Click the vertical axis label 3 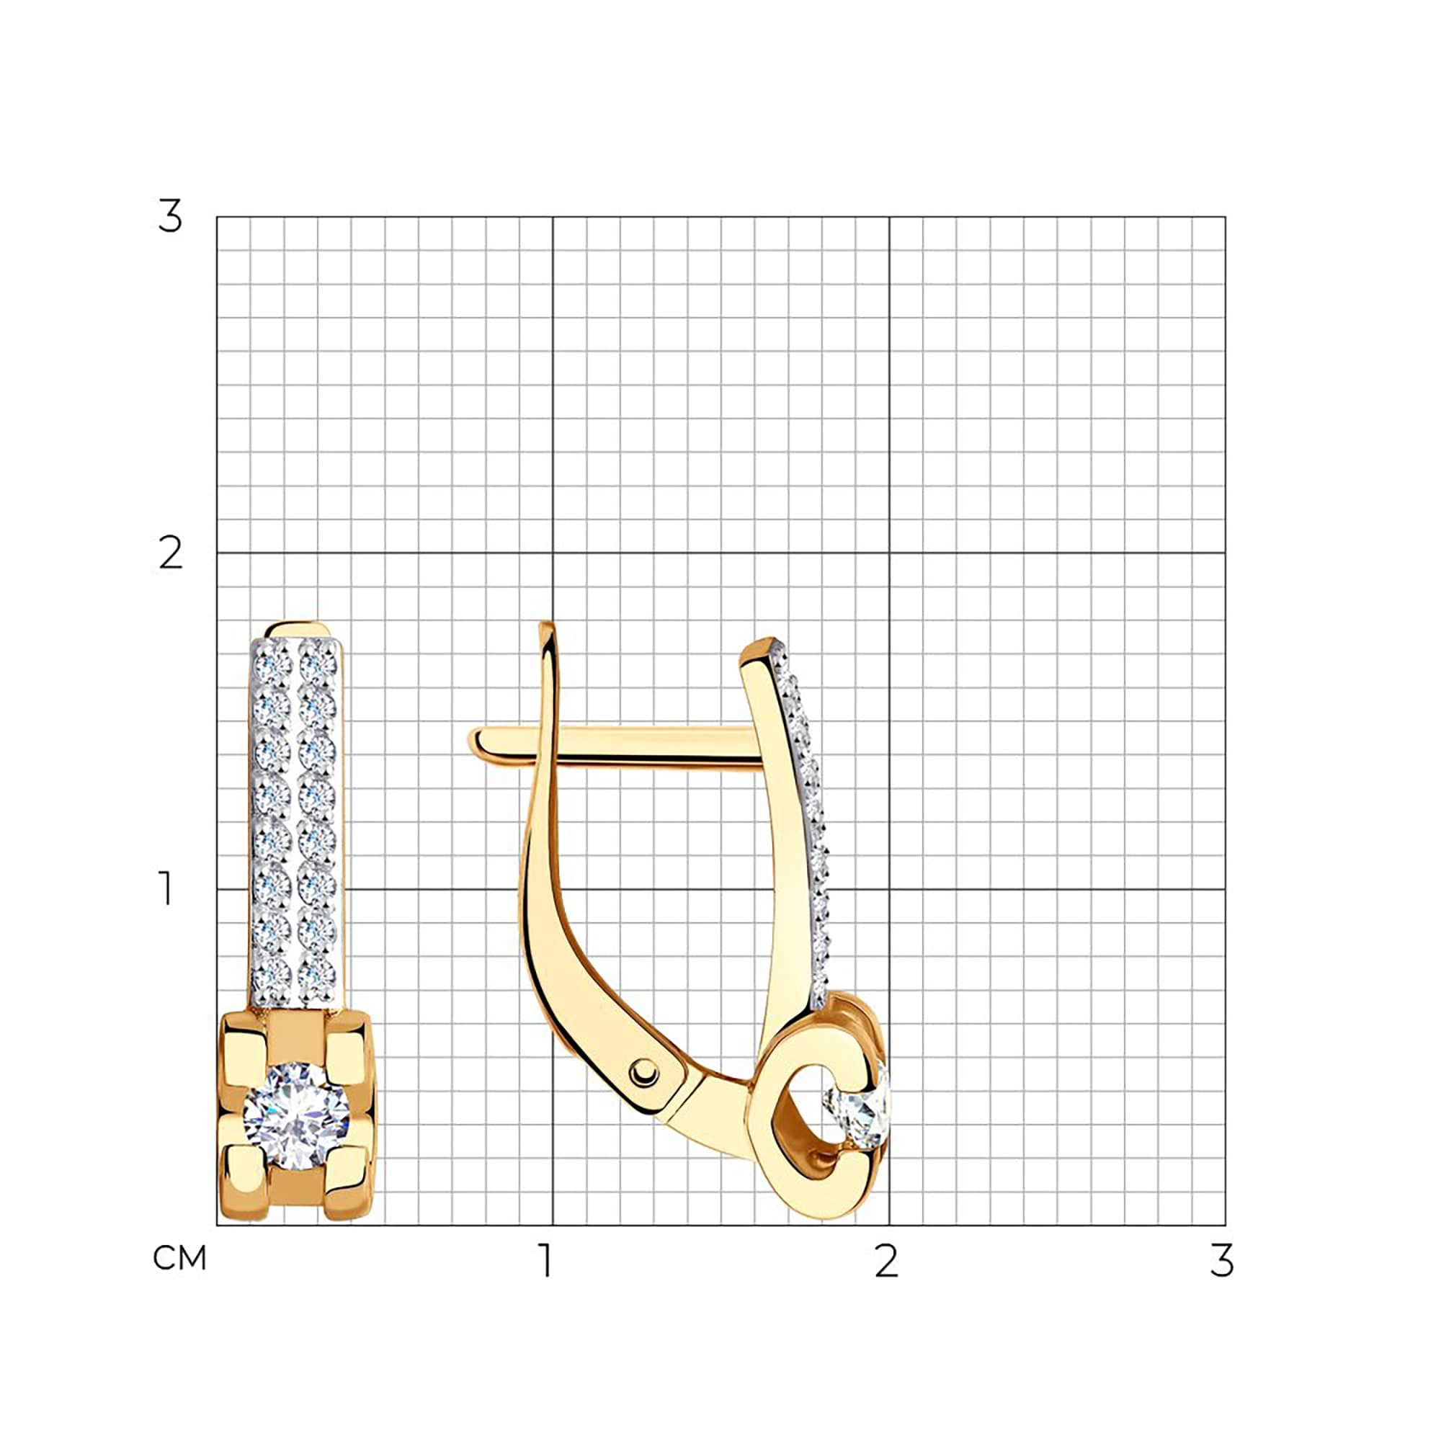pos(170,217)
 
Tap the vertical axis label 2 pos(171,553)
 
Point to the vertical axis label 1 pos(166,889)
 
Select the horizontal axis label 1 pos(548,1260)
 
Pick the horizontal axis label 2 pos(886,1260)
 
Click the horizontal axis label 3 pos(1223,1260)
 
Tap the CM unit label pos(179,1259)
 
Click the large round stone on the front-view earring pos(296,1117)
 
